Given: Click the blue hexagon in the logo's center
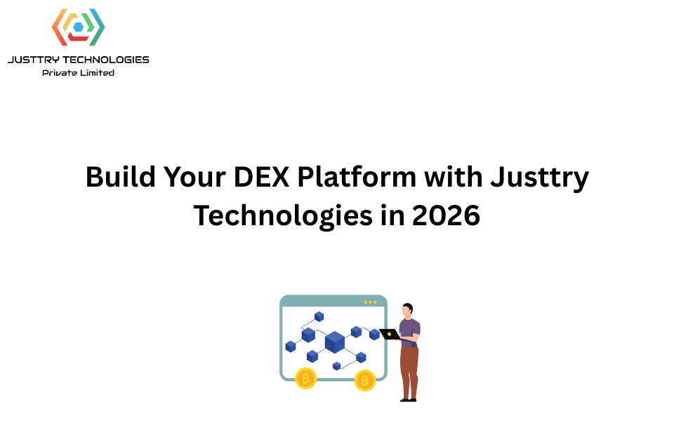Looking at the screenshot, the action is (78, 27).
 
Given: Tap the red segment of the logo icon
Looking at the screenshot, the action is (78, 38).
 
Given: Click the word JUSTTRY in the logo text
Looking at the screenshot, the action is (34, 60).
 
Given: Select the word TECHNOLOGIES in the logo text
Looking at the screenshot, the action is (106, 60).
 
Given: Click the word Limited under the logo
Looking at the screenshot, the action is (97, 73).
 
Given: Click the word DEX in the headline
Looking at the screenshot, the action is (261, 177).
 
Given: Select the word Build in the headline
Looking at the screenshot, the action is (120, 177).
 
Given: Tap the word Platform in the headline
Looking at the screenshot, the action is (357, 177).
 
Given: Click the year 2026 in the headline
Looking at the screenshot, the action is (446, 215).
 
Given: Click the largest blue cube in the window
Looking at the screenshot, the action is (335, 342).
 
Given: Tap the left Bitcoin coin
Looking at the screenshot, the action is (306, 378).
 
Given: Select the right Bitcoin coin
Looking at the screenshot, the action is (365, 380).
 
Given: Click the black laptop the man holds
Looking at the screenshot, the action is (390, 334).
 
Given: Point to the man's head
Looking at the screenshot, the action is (407, 310).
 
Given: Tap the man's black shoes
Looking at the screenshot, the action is (409, 401).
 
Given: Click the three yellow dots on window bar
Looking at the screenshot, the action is (370, 302).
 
